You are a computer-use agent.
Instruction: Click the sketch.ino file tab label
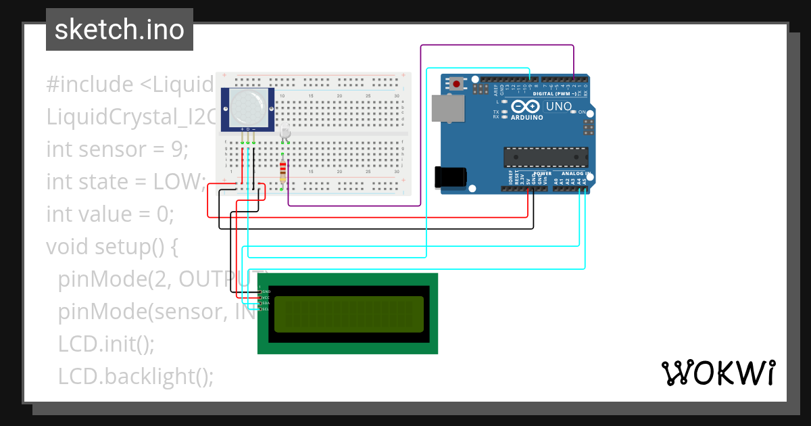[x=119, y=30]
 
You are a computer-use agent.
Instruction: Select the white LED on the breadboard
[x=285, y=131]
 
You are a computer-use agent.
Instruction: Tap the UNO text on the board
[x=558, y=106]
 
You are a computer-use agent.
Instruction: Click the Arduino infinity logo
[x=525, y=106]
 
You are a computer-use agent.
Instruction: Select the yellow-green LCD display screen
[x=348, y=314]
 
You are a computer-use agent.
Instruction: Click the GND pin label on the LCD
[x=266, y=291]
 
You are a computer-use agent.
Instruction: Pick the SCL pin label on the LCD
[x=266, y=309]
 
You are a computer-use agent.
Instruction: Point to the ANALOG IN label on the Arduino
[x=575, y=174]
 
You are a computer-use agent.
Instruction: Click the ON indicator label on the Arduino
[x=582, y=112]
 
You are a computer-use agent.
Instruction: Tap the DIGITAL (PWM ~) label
[x=554, y=93]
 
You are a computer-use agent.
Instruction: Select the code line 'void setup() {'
[x=112, y=247]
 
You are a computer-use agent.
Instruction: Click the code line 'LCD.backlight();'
[x=135, y=377]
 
